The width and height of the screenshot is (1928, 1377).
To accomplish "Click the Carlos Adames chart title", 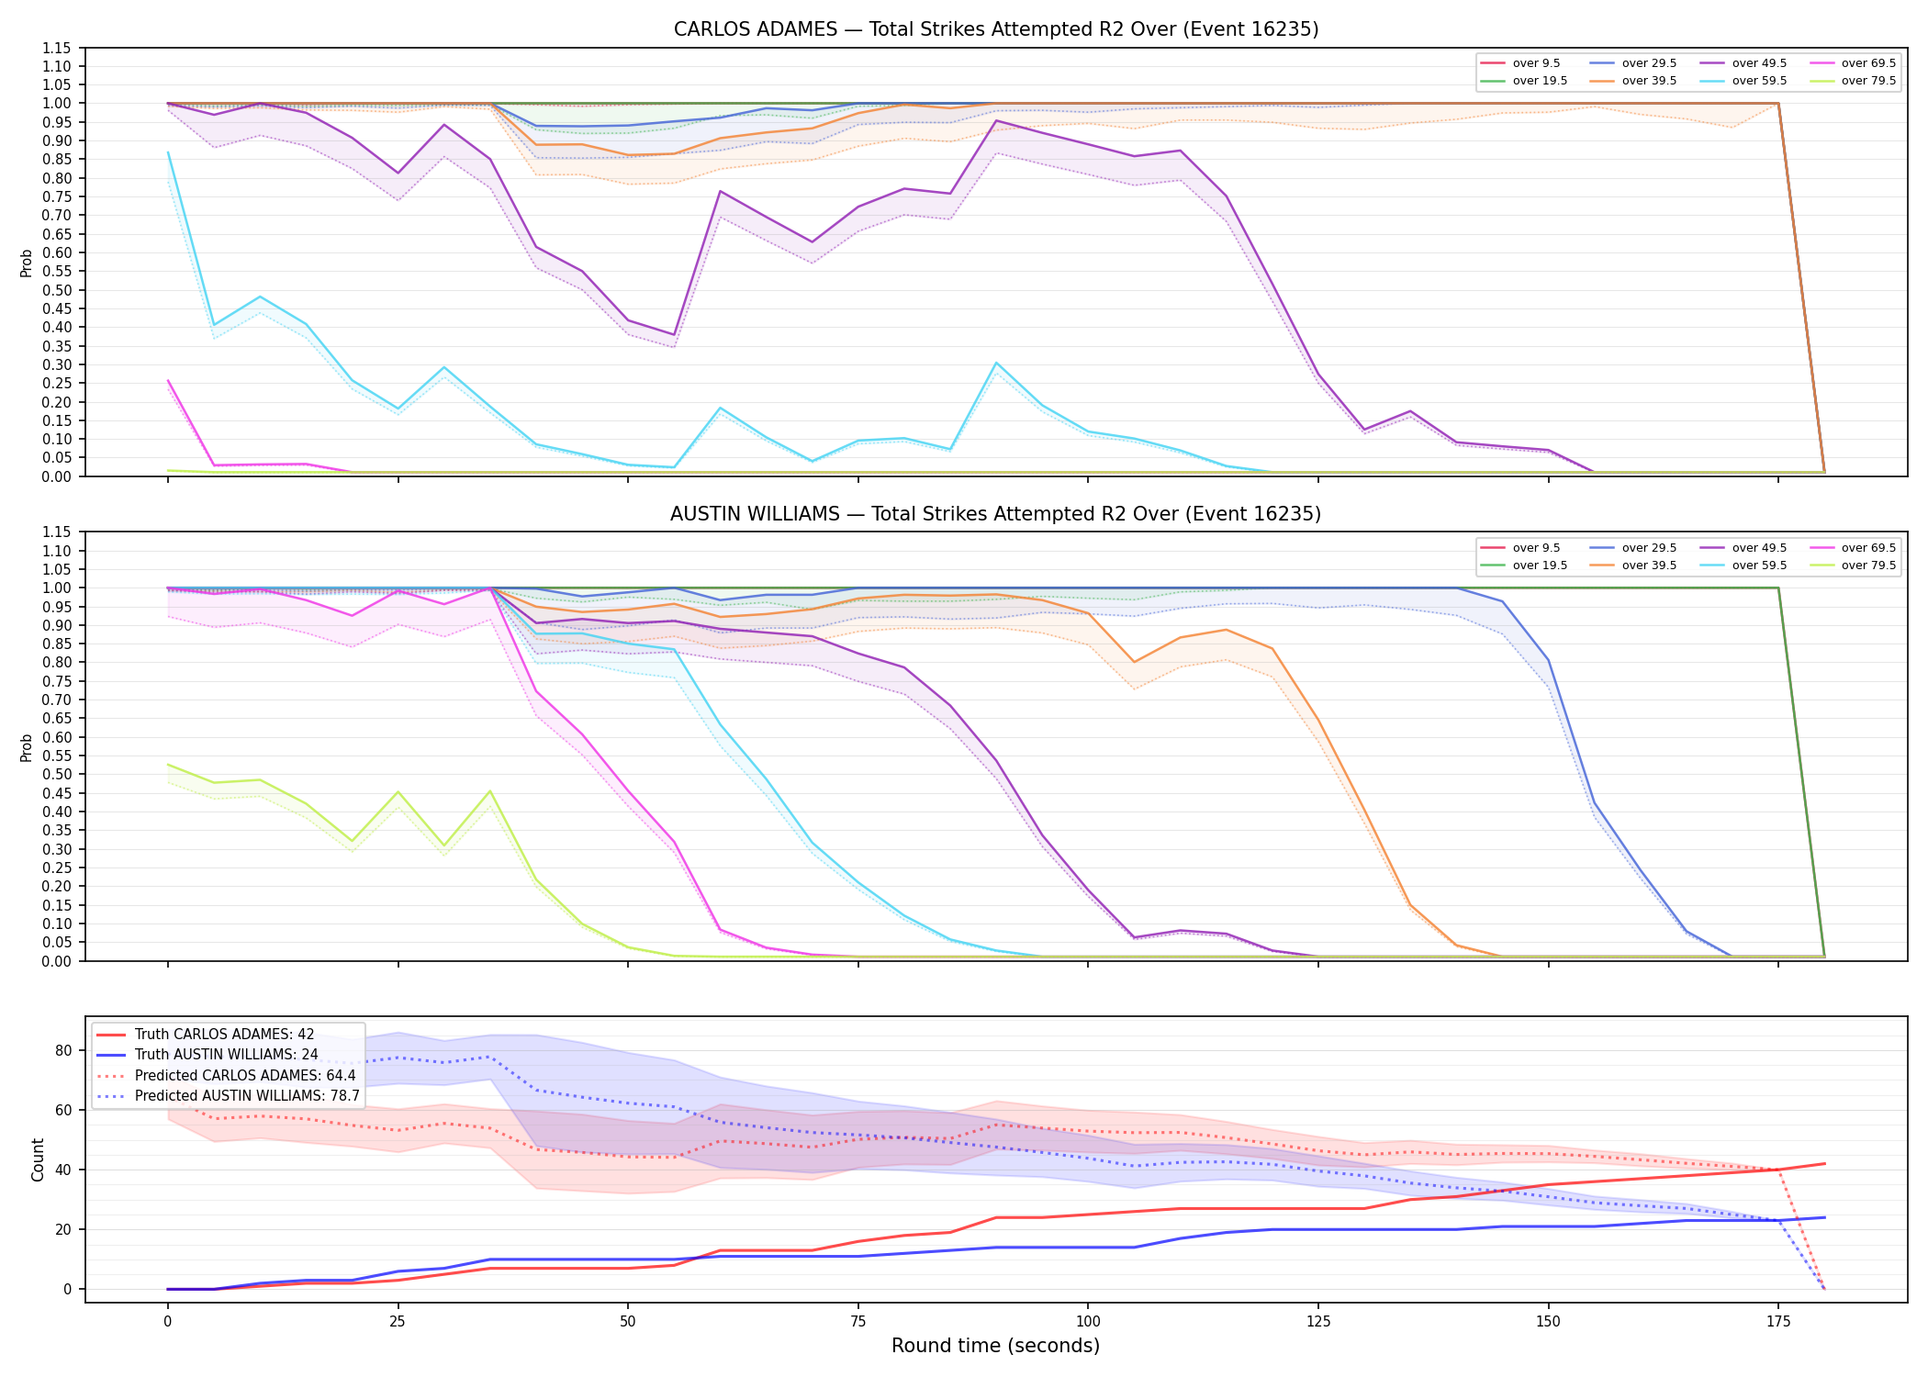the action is (x=996, y=29).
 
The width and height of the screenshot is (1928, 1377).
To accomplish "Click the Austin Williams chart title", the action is (x=996, y=514).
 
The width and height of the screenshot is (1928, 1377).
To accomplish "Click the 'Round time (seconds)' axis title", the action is (x=995, y=1346).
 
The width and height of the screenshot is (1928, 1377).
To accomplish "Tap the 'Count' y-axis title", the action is (x=38, y=1159).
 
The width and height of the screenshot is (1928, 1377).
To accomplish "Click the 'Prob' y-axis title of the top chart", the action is (x=27, y=263).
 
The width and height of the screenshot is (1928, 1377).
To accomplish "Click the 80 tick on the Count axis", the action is (x=64, y=1050).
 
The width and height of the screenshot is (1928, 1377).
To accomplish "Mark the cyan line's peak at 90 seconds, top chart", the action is (x=996, y=363).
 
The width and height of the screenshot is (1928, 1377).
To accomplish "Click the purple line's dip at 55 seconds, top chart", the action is (x=674, y=335).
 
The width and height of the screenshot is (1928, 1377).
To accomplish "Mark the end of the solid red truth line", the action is (x=1824, y=1164).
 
